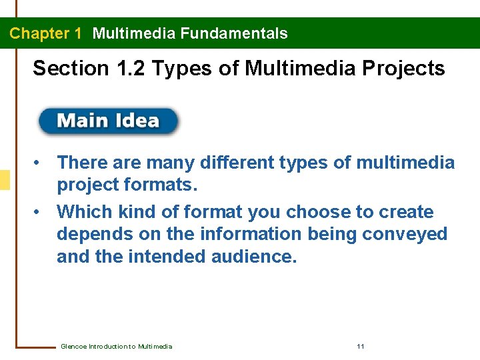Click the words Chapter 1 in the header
pyautogui.click(x=45, y=33)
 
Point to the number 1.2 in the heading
pyautogui.click(x=133, y=68)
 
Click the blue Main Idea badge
pyautogui.click(x=109, y=121)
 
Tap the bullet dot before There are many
pyautogui.click(x=41, y=163)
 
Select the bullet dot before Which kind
pyautogui.click(x=41, y=213)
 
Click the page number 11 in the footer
pyautogui.click(x=361, y=347)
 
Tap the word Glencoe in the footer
pyautogui.click(x=73, y=347)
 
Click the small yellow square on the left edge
pyautogui.click(x=5, y=180)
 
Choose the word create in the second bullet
pyautogui.click(x=407, y=213)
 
